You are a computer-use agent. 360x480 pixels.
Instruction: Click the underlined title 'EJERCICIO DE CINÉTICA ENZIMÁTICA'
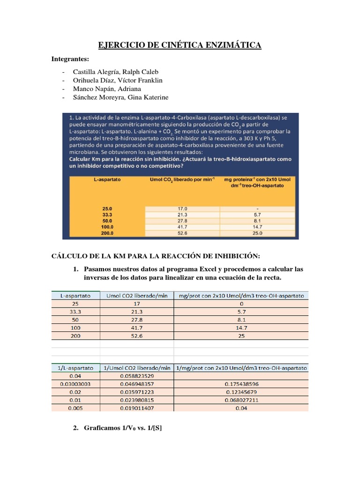[x=180, y=45]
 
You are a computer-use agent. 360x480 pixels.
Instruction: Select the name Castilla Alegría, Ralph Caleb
[x=115, y=72]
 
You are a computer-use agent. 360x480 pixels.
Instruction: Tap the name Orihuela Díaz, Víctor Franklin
[x=118, y=80]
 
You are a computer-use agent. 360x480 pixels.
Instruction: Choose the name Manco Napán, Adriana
[x=107, y=89]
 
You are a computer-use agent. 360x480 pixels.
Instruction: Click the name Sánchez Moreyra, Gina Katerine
[x=120, y=97]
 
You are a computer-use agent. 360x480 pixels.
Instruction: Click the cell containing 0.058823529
[x=136, y=376]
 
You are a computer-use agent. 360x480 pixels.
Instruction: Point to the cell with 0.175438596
[x=241, y=383]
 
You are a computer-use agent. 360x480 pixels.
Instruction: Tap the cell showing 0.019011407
[x=136, y=408]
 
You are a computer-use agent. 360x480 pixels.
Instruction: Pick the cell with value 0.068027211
[x=241, y=400]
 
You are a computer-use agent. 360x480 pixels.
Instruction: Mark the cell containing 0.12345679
[x=241, y=392]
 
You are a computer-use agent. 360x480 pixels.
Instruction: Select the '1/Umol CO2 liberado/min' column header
[x=136, y=368]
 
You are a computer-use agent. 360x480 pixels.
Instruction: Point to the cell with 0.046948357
[x=136, y=383]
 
